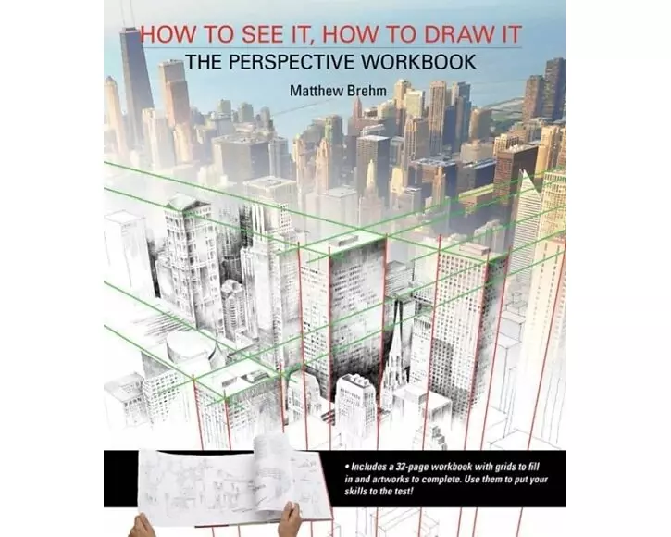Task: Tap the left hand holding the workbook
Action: (142, 526)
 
